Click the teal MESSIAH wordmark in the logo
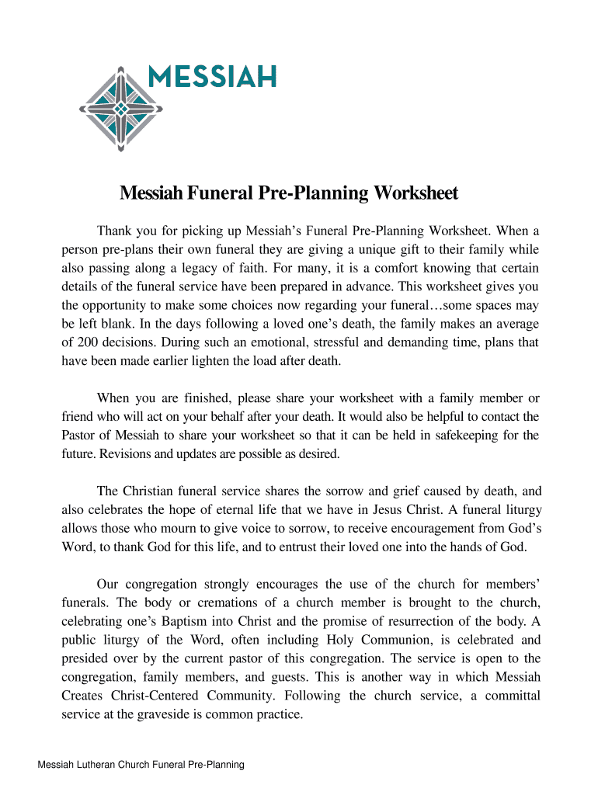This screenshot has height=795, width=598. coord(211,77)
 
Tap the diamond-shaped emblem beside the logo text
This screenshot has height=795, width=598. coord(121,109)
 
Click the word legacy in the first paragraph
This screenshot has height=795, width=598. coord(210,269)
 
